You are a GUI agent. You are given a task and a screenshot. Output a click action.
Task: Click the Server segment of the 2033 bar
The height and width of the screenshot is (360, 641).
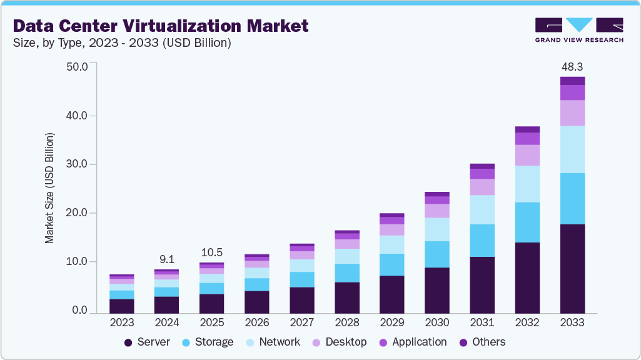(x=572, y=268)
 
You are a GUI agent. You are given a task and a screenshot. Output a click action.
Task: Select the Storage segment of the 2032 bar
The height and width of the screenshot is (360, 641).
(x=527, y=222)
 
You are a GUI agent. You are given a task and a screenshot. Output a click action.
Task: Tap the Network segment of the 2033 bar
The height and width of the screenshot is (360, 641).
(x=572, y=149)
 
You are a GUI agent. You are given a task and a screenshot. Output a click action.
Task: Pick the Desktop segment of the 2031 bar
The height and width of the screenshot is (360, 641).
(x=482, y=187)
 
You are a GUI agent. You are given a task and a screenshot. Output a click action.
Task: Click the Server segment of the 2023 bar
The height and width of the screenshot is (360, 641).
(x=122, y=306)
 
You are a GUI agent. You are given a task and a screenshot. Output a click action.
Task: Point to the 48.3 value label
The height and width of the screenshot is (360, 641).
(x=572, y=66)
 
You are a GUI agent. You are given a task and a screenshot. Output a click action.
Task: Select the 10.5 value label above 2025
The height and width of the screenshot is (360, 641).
(x=212, y=252)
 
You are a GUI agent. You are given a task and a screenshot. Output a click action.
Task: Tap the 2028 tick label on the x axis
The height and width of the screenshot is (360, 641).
(x=347, y=322)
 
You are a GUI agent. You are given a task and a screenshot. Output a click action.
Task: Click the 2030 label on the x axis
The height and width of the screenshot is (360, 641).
(x=437, y=322)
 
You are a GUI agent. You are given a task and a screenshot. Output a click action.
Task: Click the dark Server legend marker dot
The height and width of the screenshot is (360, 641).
(x=128, y=342)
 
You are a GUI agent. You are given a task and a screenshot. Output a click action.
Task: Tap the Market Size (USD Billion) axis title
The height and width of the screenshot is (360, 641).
(x=49, y=188)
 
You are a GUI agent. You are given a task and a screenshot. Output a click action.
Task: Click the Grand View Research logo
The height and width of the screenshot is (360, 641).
(x=579, y=29)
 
